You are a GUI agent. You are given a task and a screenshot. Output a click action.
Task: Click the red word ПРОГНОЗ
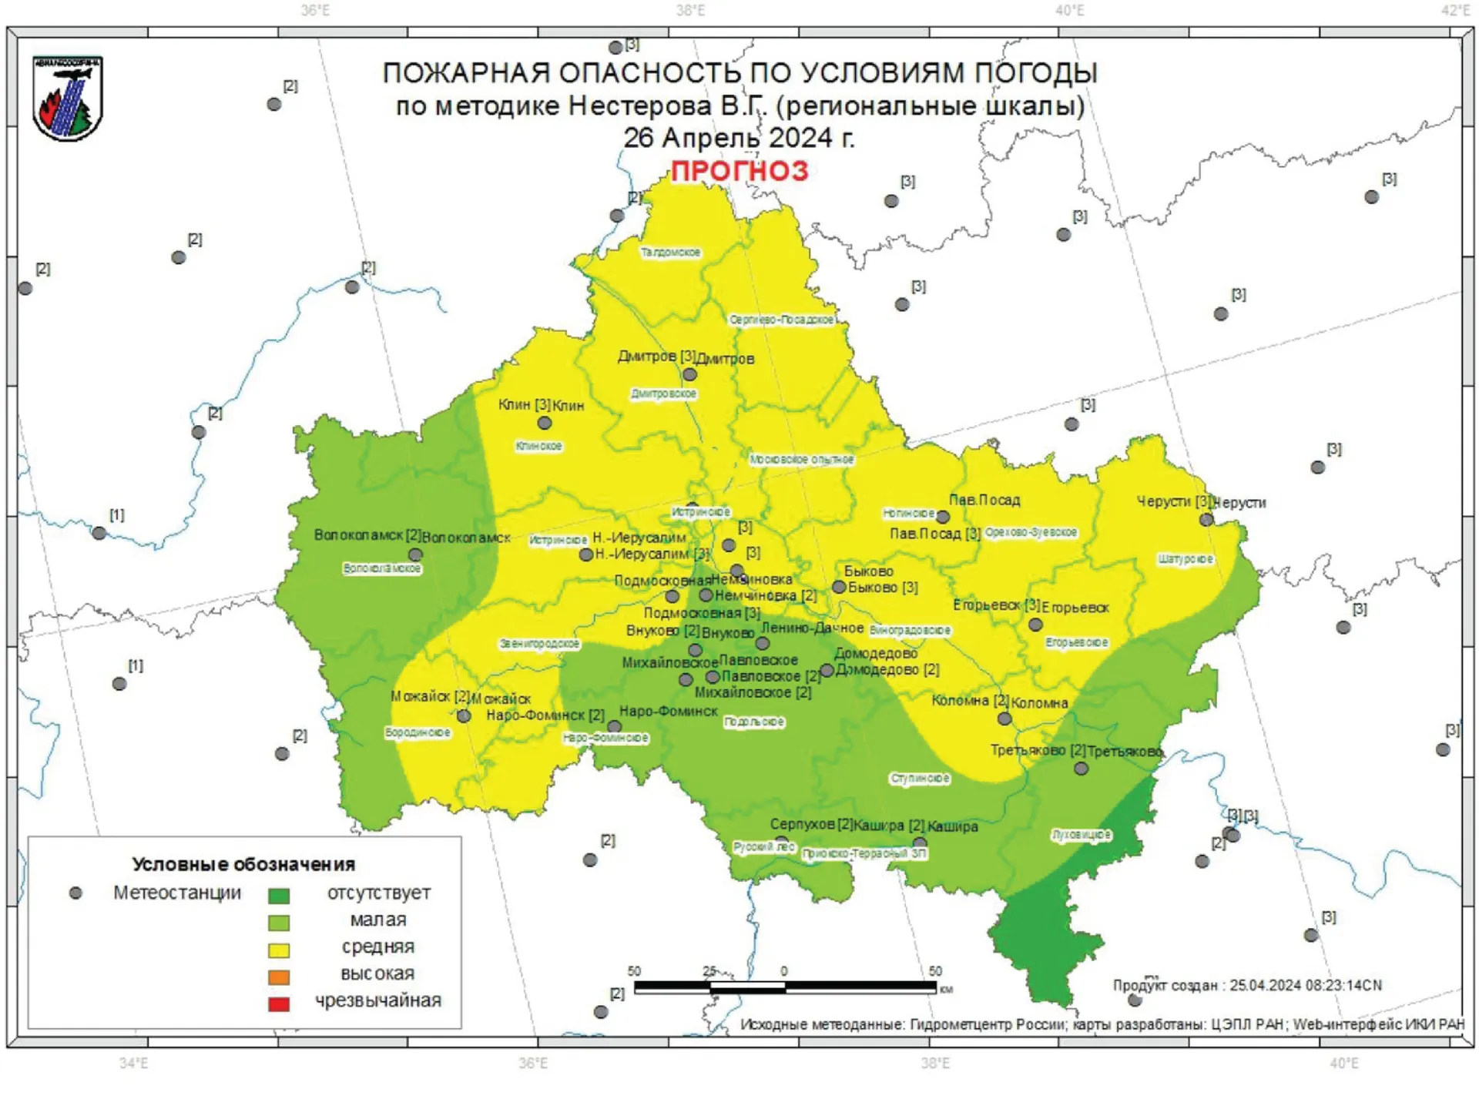(739, 171)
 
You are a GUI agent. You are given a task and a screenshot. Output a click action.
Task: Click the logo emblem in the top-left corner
(68, 99)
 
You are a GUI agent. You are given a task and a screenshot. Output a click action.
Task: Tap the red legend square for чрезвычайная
(279, 1003)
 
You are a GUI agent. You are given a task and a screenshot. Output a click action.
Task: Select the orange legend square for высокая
(279, 977)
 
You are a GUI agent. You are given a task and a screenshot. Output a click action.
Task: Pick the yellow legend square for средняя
(279, 950)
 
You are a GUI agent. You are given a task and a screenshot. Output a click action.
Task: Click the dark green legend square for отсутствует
(279, 895)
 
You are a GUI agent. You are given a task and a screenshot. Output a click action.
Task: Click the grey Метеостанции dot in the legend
(75, 893)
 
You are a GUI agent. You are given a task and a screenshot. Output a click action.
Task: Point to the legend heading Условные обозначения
(243, 864)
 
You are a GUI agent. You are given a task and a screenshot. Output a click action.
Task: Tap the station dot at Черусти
(1206, 520)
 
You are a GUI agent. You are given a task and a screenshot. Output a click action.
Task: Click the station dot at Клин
(545, 423)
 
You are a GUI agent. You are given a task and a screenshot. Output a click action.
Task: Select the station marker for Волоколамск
(415, 554)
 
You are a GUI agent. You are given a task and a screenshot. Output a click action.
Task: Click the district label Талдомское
(670, 253)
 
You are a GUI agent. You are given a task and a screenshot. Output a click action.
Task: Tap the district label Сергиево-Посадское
(781, 320)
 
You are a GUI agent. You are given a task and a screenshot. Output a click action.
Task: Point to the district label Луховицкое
(1081, 835)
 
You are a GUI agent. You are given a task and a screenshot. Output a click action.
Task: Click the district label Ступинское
(920, 779)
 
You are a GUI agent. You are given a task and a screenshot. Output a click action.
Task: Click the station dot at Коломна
(1004, 719)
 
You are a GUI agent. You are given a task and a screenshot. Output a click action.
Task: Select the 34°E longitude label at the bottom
(133, 1064)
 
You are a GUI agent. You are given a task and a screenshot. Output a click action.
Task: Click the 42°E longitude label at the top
(1455, 11)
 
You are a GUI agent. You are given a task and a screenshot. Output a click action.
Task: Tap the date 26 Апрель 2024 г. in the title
(739, 138)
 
